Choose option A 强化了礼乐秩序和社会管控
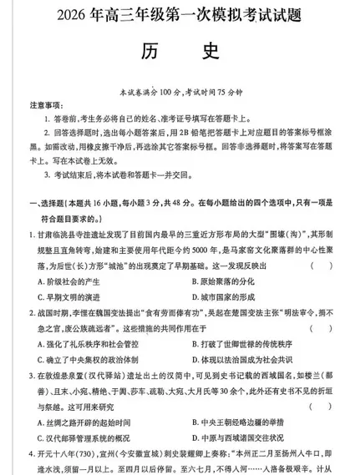(89, 342)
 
